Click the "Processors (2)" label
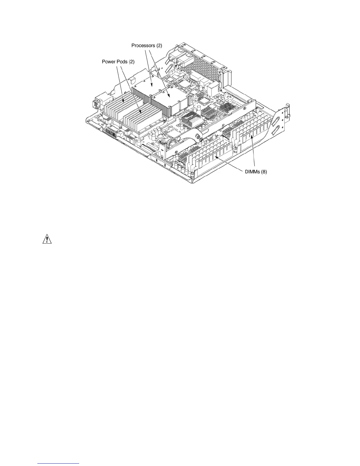[146, 46]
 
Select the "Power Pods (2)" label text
[118, 62]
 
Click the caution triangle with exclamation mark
[46, 240]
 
